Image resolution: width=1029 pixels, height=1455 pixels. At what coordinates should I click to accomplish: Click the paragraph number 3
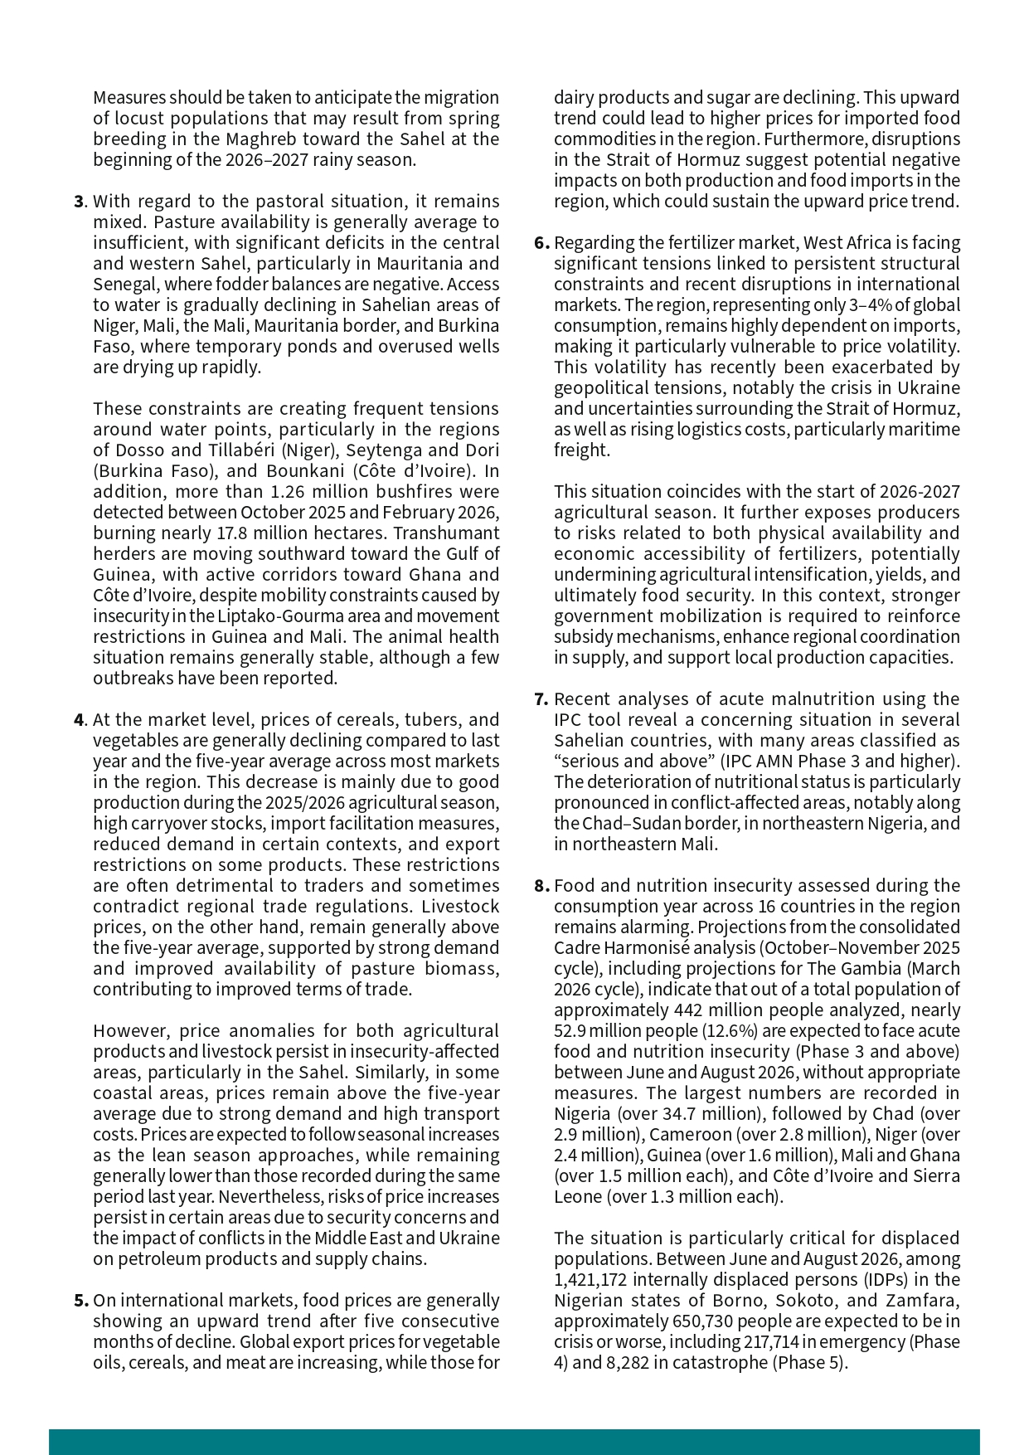[79, 202]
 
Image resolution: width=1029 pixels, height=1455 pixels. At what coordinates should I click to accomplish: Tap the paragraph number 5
[80, 1301]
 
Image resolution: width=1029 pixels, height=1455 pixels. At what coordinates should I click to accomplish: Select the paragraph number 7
[541, 699]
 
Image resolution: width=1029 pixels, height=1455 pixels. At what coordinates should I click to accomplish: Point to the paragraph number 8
[541, 886]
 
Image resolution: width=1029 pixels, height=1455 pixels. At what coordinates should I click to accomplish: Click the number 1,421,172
[590, 1280]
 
